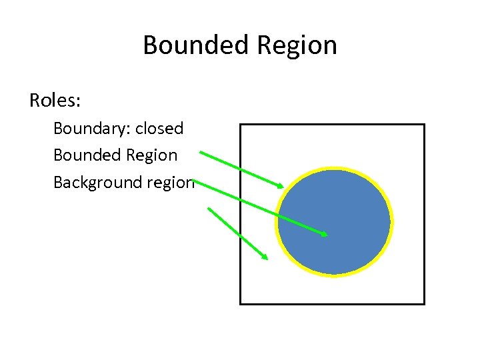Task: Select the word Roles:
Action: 55,101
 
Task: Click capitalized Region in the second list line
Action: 155,156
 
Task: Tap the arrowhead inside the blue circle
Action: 324,234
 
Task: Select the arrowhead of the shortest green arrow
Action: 265,257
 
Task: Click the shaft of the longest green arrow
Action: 260,207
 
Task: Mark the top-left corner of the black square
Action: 241,125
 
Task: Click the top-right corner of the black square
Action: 424,125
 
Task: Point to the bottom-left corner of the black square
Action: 241,304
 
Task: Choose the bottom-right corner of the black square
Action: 424,304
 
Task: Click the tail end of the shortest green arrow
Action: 209,209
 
